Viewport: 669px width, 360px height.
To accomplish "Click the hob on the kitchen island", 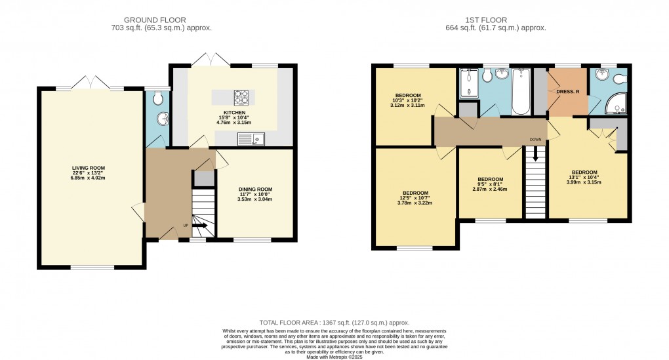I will [x=243, y=98].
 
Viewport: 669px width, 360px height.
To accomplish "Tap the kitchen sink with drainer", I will [x=251, y=138].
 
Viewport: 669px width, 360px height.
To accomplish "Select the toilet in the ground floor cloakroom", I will [x=156, y=99].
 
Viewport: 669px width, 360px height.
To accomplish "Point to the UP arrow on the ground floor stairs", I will [x=200, y=226].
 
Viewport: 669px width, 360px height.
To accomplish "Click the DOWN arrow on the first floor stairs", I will [x=536, y=155].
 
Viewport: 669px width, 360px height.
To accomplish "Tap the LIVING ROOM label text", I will [x=89, y=168].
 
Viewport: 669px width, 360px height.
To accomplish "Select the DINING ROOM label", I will [x=254, y=190].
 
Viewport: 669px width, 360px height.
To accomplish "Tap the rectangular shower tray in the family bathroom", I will [x=468, y=83].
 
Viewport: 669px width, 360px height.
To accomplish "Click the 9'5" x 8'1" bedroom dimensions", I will [x=490, y=184].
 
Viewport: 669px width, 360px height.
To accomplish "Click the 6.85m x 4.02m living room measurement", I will [x=89, y=178].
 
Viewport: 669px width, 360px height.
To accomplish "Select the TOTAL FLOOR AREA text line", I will [x=334, y=323].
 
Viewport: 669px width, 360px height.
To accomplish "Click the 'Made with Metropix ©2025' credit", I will [x=334, y=356].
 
